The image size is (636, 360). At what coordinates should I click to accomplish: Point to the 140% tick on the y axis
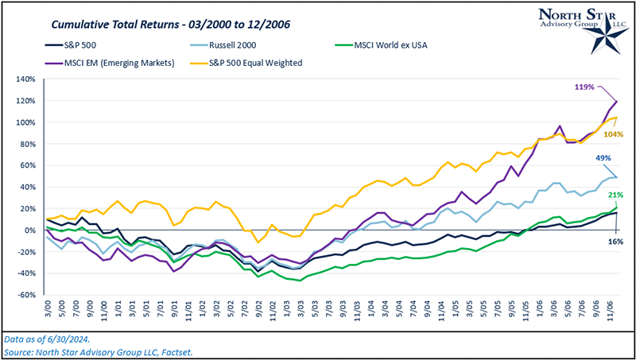[x=25, y=79]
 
